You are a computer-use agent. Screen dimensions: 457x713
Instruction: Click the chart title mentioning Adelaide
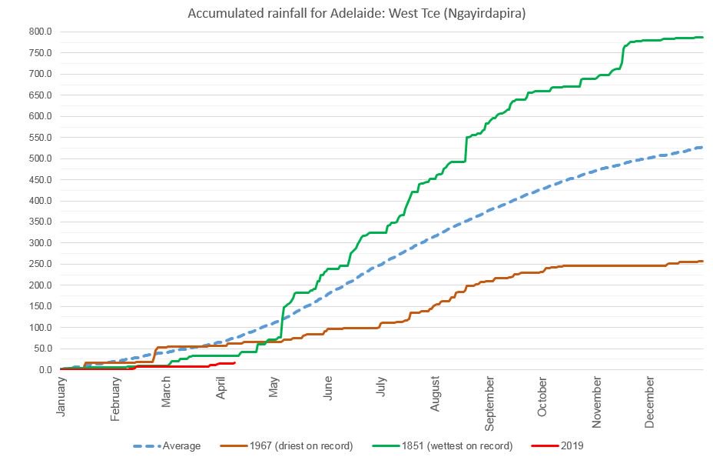356,15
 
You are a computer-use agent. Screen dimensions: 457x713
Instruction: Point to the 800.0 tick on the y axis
39,32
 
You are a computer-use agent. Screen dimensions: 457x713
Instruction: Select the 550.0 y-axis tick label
39,138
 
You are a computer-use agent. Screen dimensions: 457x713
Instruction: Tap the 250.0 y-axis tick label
39,264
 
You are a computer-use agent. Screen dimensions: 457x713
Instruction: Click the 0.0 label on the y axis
45,370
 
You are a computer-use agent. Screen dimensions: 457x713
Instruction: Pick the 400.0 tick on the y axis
39,201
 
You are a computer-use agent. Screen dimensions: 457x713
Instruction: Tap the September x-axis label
489,402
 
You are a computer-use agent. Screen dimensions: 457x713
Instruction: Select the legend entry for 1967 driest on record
300,445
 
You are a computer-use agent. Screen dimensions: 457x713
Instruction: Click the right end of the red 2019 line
234,363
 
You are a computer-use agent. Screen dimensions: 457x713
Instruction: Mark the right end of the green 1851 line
702,37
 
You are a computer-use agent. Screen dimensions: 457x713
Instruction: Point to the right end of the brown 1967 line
702,262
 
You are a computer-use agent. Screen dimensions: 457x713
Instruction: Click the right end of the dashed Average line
702,147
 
